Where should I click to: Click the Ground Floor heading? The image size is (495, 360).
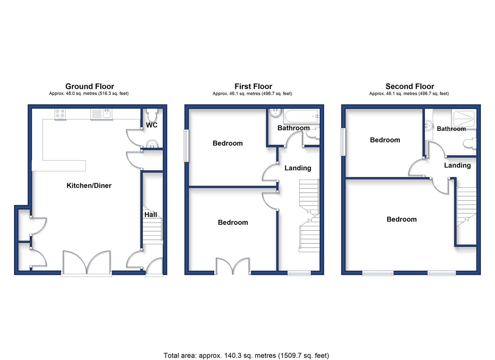click(x=90, y=86)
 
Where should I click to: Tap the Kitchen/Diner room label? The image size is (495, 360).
click(x=89, y=185)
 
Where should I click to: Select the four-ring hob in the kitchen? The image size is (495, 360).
click(x=60, y=114)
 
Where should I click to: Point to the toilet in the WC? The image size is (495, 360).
click(x=152, y=114)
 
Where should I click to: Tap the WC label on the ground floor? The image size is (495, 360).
click(x=152, y=125)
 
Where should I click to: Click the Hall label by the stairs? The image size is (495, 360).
click(x=151, y=215)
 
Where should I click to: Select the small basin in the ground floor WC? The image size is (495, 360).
click(x=152, y=144)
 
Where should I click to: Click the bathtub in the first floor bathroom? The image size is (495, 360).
click(x=302, y=116)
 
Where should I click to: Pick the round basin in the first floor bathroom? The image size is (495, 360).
click(x=275, y=113)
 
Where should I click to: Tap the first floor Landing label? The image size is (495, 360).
click(x=298, y=168)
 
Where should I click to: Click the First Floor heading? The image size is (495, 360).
click(x=253, y=86)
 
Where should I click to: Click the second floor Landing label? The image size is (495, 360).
click(x=457, y=165)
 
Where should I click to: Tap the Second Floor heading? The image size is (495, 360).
click(x=410, y=86)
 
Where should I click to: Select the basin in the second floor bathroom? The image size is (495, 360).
click(x=428, y=126)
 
